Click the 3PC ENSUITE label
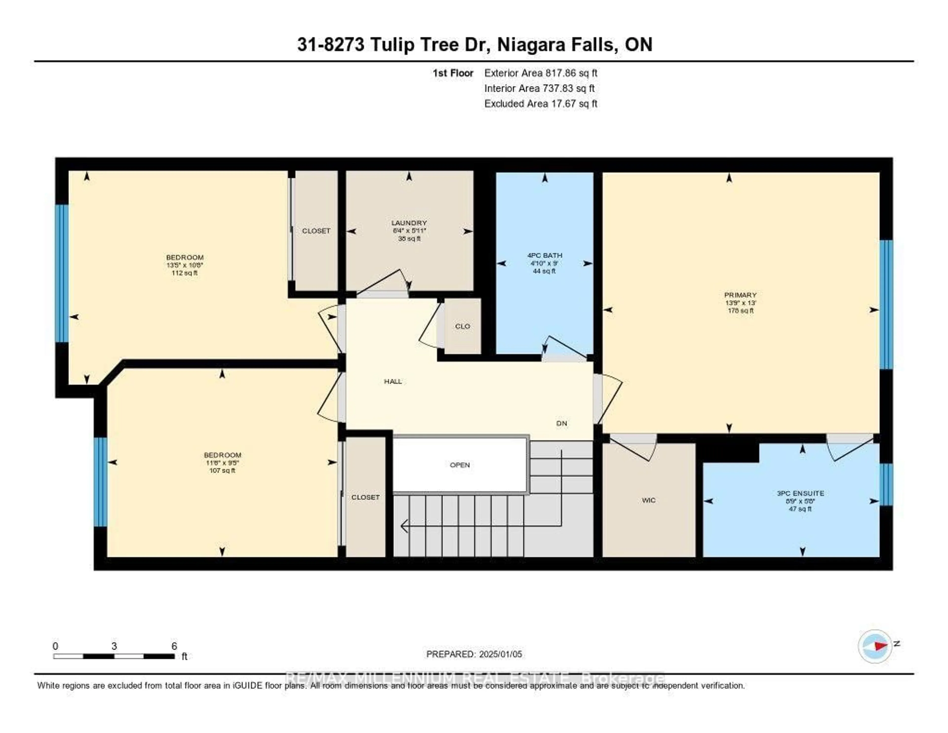pyautogui.click(x=800, y=493)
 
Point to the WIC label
pyautogui.click(x=649, y=500)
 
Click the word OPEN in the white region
pyautogui.click(x=460, y=465)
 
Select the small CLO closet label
pyautogui.click(x=463, y=326)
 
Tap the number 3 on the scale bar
pyautogui.click(x=114, y=646)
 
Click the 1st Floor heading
pyautogui.click(x=453, y=73)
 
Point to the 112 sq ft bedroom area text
pyautogui.click(x=184, y=273)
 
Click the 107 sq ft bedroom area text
pyautogui.click(x=222, y=471)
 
